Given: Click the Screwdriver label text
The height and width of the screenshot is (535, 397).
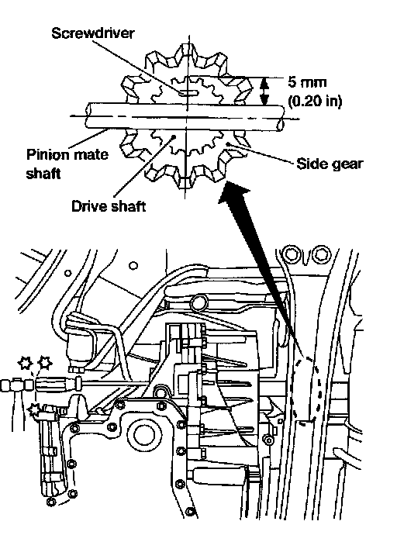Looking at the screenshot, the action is [x=93, y=33].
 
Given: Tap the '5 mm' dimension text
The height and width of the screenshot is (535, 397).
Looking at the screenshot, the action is [x=307, y=82].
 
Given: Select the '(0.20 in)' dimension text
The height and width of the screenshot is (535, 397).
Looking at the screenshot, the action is [x=315, y=101].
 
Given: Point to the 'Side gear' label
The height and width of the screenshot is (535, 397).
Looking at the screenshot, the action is [x=329, y=164].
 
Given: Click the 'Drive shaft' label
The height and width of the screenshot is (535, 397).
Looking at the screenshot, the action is [x=109, y=206].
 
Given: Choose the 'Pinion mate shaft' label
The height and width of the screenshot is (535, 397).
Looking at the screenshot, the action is [x=67, y=164].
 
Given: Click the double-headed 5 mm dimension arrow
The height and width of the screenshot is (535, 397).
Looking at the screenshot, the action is [x=264, y=91].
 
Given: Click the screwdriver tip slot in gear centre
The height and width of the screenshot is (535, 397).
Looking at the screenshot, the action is [x=188, y=92].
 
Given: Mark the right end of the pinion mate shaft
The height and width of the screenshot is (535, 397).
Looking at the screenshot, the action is [x=281, y=118].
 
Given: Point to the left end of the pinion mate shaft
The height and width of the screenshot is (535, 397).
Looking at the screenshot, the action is [x=88, y=116].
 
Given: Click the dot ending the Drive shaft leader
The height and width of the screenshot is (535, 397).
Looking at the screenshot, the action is [x=174, y=136].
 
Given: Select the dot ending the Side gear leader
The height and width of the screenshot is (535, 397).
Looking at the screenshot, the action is [x=228, y=143].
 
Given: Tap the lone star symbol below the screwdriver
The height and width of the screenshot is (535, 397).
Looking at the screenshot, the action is [x=34, y=409].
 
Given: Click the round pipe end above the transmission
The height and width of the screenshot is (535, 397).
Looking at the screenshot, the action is [x=199, y=302].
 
